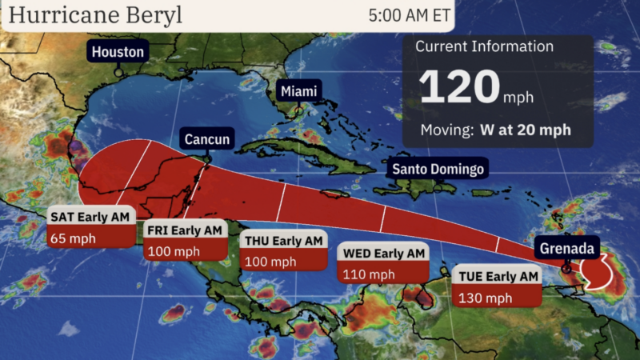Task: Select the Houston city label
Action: tap(118, 53)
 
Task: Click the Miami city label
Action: tap(298, 91)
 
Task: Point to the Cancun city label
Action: tap(207, 140)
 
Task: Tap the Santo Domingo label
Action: tap(437, 170)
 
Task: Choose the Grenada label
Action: tap(566, 248)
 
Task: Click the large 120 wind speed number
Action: tap(459, 87)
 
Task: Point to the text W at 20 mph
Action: tap(525, 129)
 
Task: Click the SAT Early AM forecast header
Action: tap(90, 217)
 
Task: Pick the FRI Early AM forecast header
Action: tap(184, 230)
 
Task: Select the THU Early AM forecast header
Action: tap(284, 241)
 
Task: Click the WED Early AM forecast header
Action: tap(383, 254)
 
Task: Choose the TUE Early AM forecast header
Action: tap(498, 277)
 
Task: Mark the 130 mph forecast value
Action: tap(485, 298)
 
